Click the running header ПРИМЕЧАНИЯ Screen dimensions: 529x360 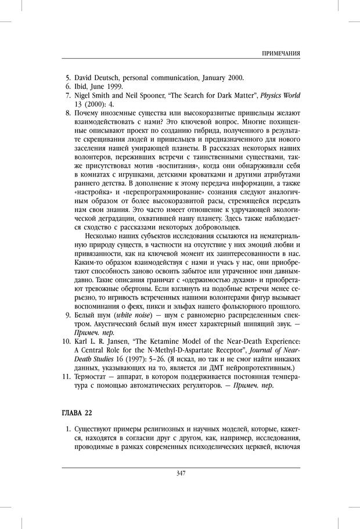point(280,53)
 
